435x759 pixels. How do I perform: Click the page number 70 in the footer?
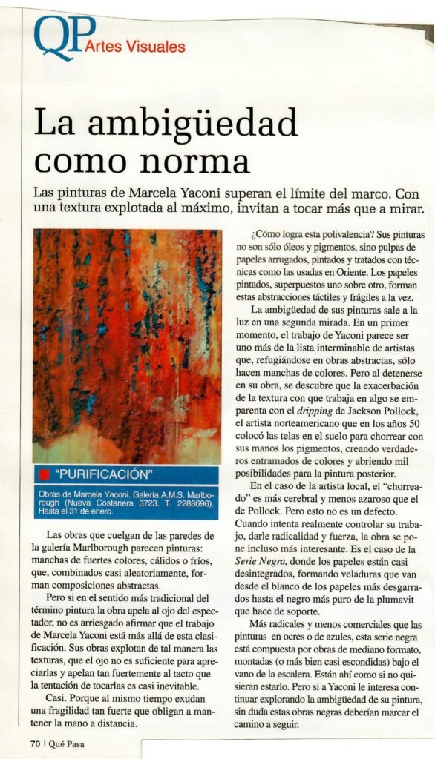click(34, 742)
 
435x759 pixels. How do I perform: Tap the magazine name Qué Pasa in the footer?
click(65, 742)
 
